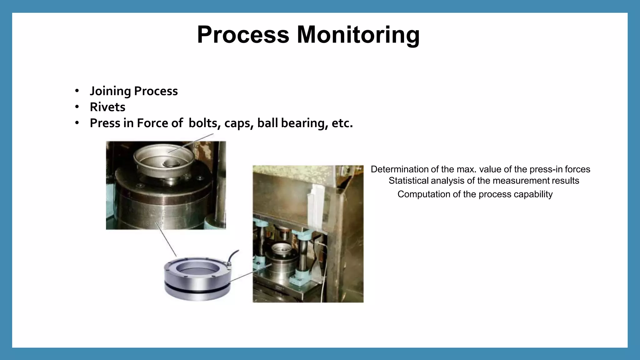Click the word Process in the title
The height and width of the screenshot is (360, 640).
click(243, 35)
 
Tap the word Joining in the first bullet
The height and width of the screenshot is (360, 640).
click(110, 91)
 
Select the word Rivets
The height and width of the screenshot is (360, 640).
click(107, 107)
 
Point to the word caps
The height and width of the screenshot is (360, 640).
click(238, 123)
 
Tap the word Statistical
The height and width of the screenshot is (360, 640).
click(408, 181)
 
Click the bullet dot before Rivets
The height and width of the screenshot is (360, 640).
click(77, 107)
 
